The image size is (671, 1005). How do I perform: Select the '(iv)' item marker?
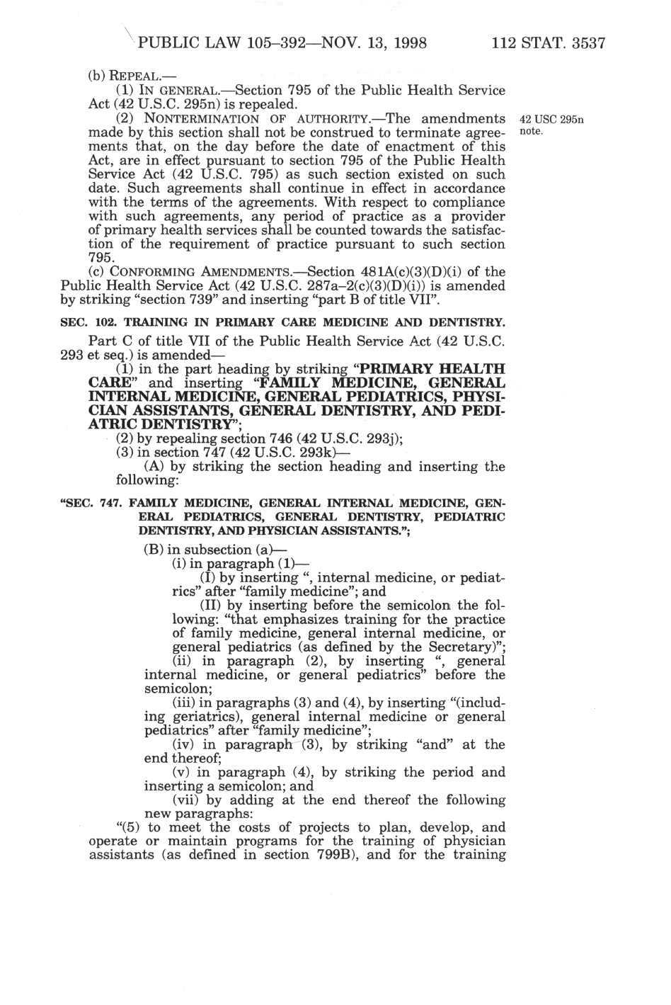186,744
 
